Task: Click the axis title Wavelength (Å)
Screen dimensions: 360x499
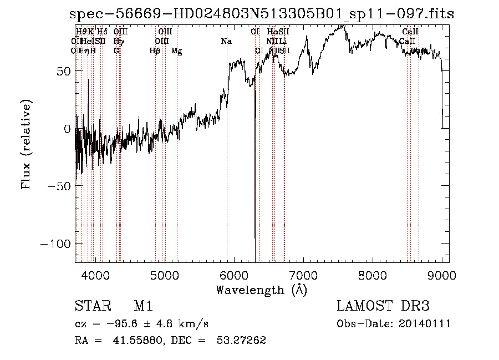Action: pyautogui.click(x=261, y=290)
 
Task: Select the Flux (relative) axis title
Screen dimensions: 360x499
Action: pyautogui.click(x=26, y=145)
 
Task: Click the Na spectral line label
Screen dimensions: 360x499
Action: pyautogui.click(x=226, y=42)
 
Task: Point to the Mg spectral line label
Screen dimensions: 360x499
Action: pyautogui.click(x=177, y=51)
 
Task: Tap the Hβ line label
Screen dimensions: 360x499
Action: pyautogui.click(x=155, y=51)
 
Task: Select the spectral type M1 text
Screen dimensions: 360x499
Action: pyautogui.click(x=143, y=307)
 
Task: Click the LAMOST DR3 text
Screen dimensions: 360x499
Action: pyautogui.click(x=383, y=307)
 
